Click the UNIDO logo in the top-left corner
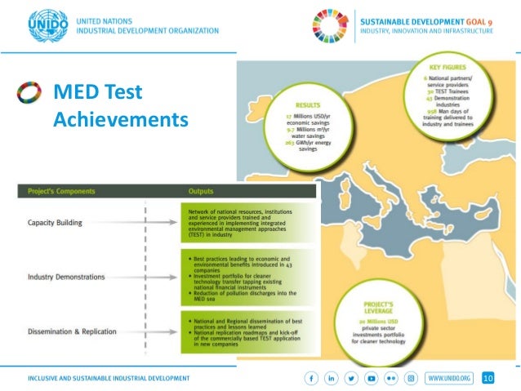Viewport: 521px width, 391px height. (47, 24)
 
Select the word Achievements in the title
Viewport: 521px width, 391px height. (120, 121)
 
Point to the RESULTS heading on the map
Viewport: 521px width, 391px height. (309, 106)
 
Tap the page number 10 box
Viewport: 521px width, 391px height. (488, 378)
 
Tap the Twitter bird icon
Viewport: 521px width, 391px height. (352, 378)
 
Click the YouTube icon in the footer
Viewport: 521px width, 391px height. (372, 378)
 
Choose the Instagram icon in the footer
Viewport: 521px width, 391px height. (412, 378)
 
